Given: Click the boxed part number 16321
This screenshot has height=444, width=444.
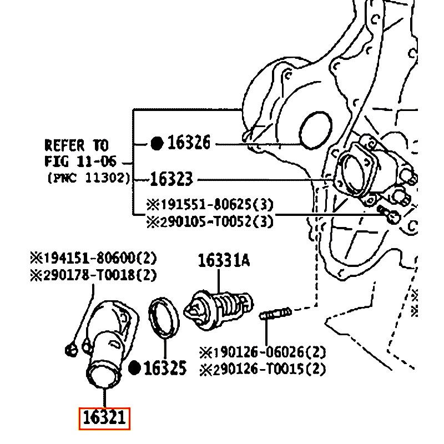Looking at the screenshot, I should pyautogui.click(x=104, y=418).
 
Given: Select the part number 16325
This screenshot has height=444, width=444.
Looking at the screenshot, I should pyautogui.click(x=165, y=367).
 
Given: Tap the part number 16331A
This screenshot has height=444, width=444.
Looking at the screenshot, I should pyautogui.click(x=224, y=260).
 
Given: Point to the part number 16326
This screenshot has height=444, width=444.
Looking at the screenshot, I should pyautogui.click(x=189, y=143).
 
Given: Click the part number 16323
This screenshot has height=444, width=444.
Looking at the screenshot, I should pyautogui.click(x=171, y=179).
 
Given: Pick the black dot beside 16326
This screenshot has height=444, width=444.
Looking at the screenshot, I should pyautogui.click(x=157, y=144).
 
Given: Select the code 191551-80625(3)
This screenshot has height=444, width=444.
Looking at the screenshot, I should pyautogui.click(x=210, y=204).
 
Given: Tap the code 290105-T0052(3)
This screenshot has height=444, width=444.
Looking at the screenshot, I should pyautogui.click(x=210, y=221).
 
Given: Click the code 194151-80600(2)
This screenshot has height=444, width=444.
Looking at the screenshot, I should pyautogui.click(x=93, y=258).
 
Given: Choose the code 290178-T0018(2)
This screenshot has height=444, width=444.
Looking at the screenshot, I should pyautogui.click(x=93, y=274).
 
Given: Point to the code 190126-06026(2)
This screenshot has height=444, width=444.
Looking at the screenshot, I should pyautogui.click(x=263, y=352).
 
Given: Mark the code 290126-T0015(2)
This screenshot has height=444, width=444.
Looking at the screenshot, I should pyautogui.click(x=263, y=369).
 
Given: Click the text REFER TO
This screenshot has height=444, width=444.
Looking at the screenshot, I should pyautogui.click(x=76, y=145).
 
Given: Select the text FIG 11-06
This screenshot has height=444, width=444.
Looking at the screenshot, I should pyautogui.click(x=80, y=162).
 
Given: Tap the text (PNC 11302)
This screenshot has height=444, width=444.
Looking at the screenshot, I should pyautogui.click(x=89, y=178).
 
